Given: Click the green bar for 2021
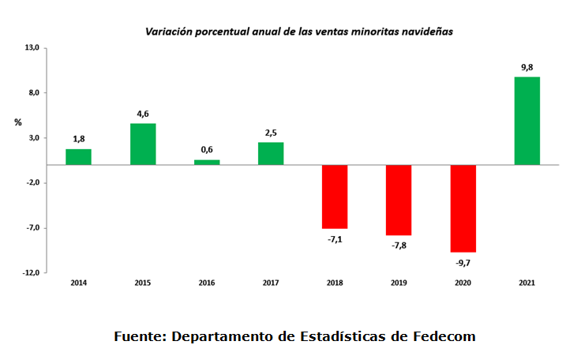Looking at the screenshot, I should pos(527,121).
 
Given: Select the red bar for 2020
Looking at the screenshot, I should pos(463,208).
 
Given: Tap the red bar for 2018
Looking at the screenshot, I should pos(335,197).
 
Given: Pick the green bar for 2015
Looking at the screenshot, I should pos(143,144).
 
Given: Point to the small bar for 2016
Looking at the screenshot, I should pos(207,162).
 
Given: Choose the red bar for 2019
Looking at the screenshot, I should pos(399,200).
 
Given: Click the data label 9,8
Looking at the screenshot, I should pos(527,68).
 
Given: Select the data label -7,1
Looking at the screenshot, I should pos(335,238).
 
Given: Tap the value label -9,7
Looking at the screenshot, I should pos(463,262).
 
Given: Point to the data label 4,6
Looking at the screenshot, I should pos(143,114).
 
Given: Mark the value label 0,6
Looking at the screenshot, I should pos(207,150).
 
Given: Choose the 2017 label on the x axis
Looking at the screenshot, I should pos(271,283).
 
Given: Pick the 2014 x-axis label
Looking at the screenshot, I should pos(78,283).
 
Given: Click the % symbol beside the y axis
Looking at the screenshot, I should pos(17,122).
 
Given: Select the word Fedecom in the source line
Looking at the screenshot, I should pos(444,336).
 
